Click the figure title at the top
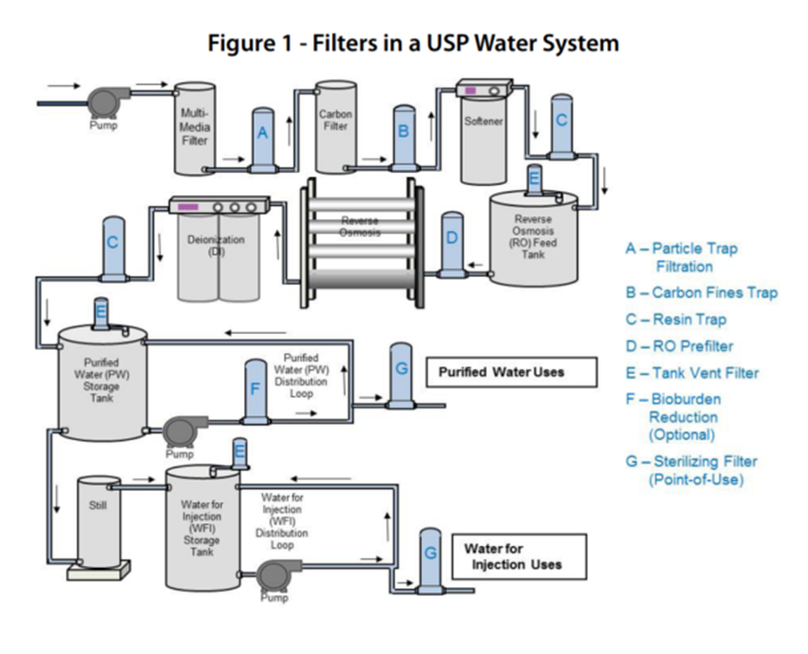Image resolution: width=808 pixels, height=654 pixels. coord(412,43)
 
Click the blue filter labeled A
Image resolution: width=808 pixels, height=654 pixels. coord(262,140)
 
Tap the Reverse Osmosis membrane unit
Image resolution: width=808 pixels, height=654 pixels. coord(361,229)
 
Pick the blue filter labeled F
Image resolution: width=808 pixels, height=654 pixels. coord(255,390)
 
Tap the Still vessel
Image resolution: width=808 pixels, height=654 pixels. coord(99,522)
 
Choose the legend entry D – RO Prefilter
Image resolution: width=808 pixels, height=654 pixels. coord(679,346)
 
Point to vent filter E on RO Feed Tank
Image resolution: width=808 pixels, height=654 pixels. coord(535,181)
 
